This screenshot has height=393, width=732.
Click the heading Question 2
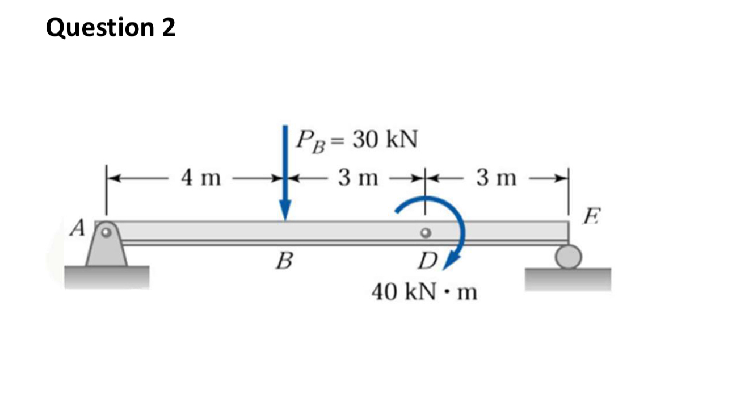tap(111, 28)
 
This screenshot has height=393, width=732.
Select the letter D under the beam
tap(427, 262)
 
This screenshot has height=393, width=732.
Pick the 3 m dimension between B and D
tap(358, 178)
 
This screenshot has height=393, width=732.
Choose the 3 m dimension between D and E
tap(497, 178)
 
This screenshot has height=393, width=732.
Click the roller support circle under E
tap(568, 257)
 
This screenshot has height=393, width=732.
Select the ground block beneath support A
tap(107, 277)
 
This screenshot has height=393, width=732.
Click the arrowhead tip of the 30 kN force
tap(285, 218)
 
